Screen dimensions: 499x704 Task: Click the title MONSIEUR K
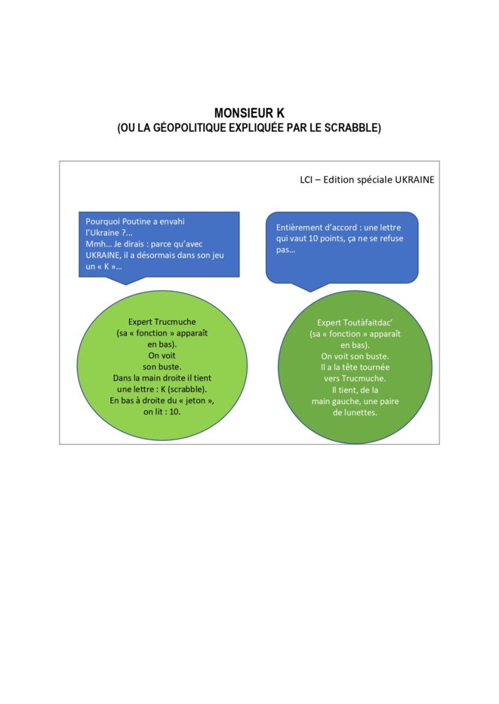click(249, 113)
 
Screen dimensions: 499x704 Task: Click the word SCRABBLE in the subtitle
click(351, 127)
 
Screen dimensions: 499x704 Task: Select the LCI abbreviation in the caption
click(306, 179)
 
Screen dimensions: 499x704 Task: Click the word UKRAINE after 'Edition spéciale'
click(414, 179)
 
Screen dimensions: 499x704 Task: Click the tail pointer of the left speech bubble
click(126, 280)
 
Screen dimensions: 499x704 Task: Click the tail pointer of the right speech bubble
click(310, 287)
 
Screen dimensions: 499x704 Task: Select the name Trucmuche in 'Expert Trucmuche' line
click(175, 322)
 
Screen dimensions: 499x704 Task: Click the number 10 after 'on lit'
click(174, 412)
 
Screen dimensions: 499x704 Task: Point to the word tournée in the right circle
click(374, 367)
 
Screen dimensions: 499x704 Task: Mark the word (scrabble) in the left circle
click(187, 389)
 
